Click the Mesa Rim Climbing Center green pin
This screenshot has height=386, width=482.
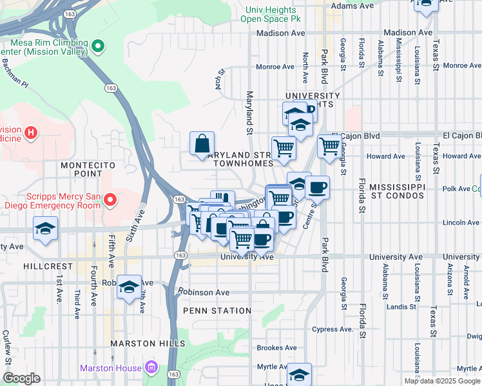pyautogui.click(x=98, y=46)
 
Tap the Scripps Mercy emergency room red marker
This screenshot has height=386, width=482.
pyautogui.click(x=110, y=200)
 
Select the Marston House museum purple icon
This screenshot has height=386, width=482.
pyautogui.click(x=151, y=368)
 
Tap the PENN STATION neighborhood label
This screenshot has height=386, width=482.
pyautogui.click(x=217, y=311)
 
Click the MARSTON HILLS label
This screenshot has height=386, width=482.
pyautogui.click(x=147, y=344)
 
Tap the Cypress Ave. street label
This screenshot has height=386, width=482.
pyautogui.click(x=333, y=329)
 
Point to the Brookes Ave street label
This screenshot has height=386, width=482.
pyautogui.click(x=276, y=347)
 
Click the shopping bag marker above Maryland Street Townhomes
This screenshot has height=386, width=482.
pyautogui.click(x=202, y=143)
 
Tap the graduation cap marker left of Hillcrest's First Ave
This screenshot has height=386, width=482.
pyautogui.click(x=45, y=230)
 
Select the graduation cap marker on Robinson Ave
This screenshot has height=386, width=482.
pyautogui.click(x=129, y=287)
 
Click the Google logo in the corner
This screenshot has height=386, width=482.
pyautogui.click(x=22, y=378)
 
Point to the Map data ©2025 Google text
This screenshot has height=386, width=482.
pyautogui.click(x=441, y=381)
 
